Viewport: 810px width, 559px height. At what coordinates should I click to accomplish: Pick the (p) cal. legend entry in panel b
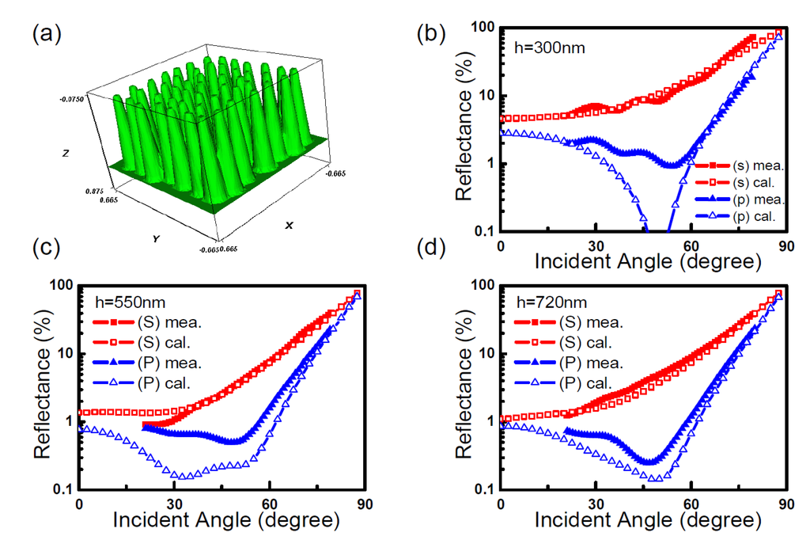pos(751,214)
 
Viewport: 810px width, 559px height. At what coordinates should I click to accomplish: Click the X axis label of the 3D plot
pos(290,226)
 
